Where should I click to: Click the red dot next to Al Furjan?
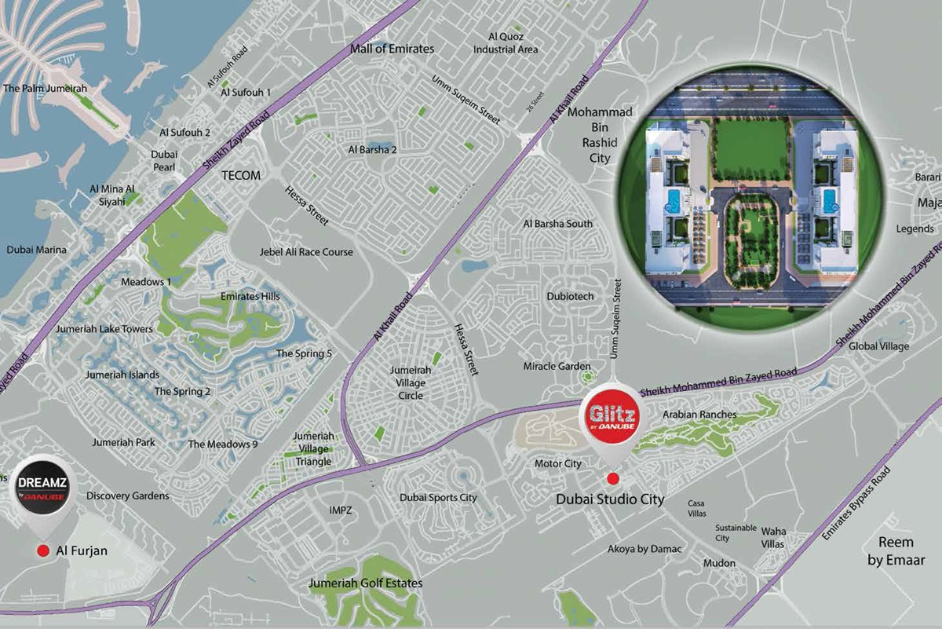(x=42, y=551)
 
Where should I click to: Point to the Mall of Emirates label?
(x=392, y=49)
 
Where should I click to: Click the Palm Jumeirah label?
(x=45, y=89)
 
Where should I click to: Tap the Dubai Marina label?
(x=37, y=250)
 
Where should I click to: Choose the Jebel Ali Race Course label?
(x=306, y=252)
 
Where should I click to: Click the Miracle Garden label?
(x=557, y=366)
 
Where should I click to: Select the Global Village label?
(x=878, y=346)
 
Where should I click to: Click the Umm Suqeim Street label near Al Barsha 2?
(x=466, y=100)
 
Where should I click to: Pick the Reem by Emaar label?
(x=896, y=551)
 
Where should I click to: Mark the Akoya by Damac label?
(x=644, y=549)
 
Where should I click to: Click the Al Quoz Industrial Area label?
(x=506, y=42)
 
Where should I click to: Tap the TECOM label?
(x=241, y=176)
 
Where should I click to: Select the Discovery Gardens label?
(x=128, y=496)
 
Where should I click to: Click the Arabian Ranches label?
(x=699, y=414)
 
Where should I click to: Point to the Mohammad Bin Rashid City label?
(x=600, y=135)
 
